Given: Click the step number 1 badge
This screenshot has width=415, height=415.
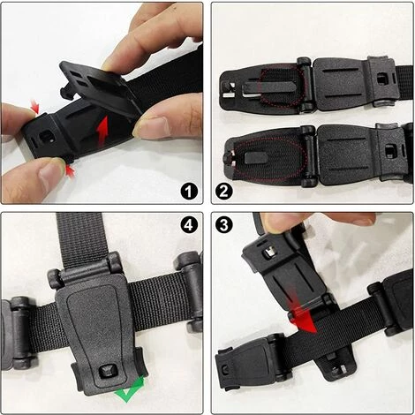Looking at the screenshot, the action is point(189,192).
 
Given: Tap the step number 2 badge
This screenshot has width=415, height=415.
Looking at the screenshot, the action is point(224,192).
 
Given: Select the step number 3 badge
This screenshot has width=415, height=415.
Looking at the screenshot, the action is point(224,225).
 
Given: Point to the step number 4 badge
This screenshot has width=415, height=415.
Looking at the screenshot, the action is point(189,225).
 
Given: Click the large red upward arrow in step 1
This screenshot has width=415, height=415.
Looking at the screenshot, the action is point(102,131).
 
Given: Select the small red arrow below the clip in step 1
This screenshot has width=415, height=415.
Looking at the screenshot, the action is point(70,171).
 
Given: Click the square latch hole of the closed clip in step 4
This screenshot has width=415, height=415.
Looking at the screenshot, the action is point(107,371).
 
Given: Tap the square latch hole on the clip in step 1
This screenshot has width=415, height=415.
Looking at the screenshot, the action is point(45,136).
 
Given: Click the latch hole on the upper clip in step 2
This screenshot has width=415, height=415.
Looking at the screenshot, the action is point(382,79).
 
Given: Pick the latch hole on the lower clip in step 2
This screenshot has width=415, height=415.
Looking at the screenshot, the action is point(391,151).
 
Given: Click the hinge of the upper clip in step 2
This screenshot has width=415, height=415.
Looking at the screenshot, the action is point(305,85).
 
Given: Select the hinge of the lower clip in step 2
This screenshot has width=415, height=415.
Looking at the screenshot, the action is point(308,156).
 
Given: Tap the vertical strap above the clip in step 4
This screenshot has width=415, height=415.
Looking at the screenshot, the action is point(80,238).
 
